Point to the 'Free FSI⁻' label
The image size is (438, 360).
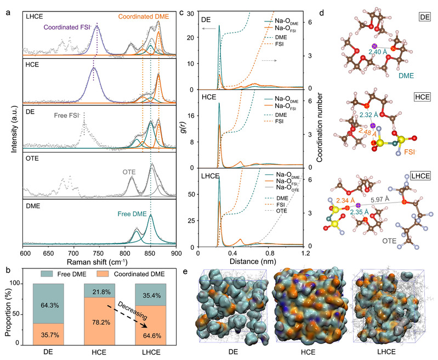pos(69,115)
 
